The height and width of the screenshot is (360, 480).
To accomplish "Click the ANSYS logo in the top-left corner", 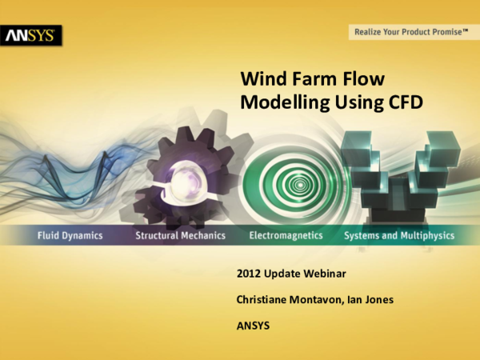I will click(31, 36).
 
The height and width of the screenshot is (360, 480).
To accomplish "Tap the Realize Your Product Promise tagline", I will click(409, 32).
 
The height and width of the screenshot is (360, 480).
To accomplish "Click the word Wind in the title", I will click(264, 79).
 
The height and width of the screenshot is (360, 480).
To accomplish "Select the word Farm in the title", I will click(317, 79).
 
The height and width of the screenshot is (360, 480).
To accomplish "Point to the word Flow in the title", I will click(365, 79).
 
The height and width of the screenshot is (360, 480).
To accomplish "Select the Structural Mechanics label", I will click(180, 236).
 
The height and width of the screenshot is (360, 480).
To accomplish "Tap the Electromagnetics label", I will click(286, 236).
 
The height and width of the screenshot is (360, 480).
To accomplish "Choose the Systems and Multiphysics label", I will click(399, 236).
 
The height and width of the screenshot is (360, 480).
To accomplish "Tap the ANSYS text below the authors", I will click(253, 326).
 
